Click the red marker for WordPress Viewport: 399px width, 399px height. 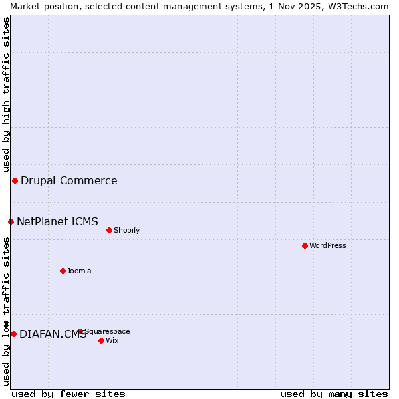tap(305, 245)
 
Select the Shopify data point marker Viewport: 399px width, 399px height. tap(109, 230)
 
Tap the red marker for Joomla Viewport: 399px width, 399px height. tap(63, 271)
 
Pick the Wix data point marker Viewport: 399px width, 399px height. tap(101, 340)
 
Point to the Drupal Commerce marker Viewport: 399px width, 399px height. tap(15, 180)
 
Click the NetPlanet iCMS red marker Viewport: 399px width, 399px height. tap(11, 221)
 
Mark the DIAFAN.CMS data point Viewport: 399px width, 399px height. tap(13, 334)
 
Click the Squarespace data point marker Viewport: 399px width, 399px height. tap(80, 331)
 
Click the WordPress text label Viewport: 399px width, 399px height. tap(328, 245)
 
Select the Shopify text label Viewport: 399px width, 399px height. tap(126, 230)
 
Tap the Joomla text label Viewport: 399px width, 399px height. tap(79, 271)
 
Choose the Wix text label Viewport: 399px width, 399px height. tap(112, 340)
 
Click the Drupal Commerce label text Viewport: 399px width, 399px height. tap(69, 180)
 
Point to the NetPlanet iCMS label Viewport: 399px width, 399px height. tap(57, 221)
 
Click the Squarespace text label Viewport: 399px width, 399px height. tap(107, 331)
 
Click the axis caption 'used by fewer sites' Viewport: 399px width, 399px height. tap(68, 394)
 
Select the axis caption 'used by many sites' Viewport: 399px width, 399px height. tap(334, 394)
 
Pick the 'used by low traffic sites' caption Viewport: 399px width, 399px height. tap(6, 311)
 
